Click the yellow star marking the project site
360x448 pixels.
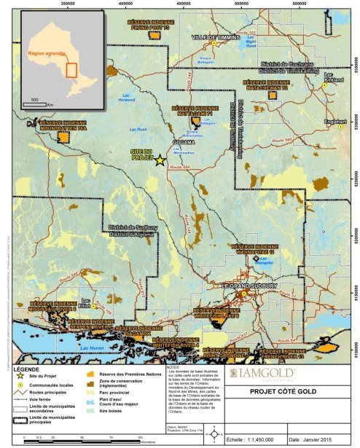click(x=160, y=160)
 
